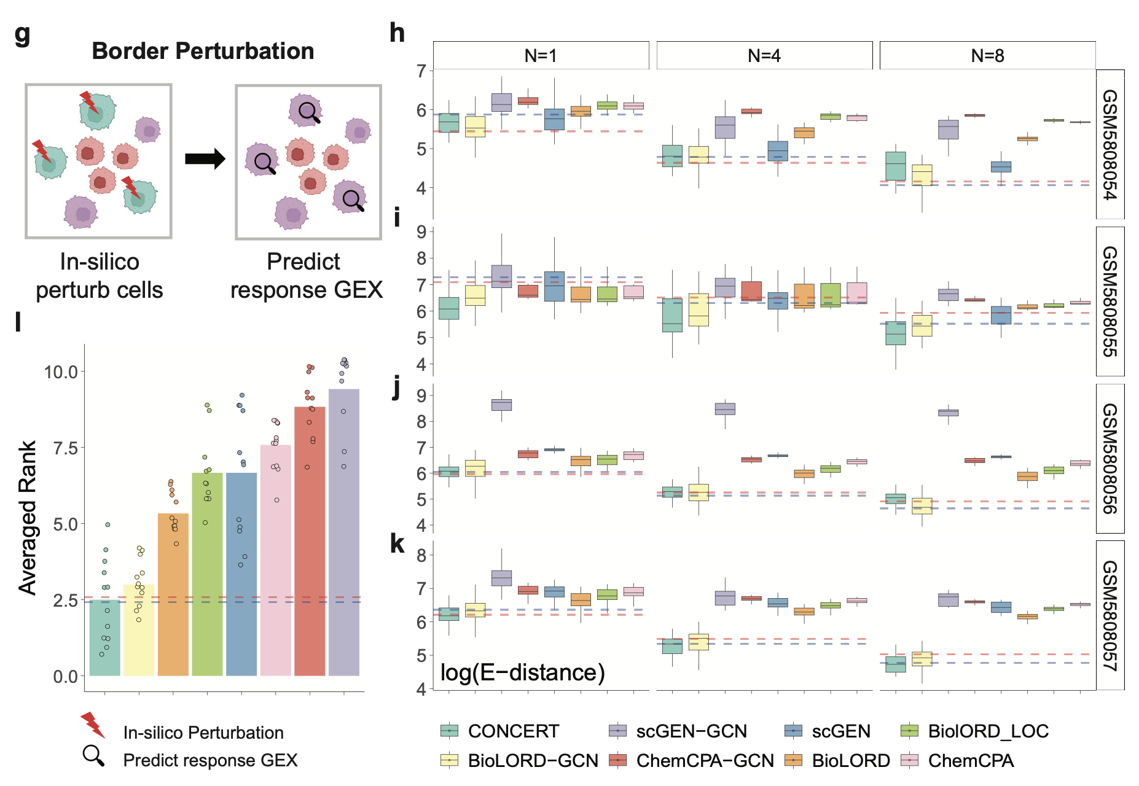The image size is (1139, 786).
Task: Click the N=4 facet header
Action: tap(764, 56)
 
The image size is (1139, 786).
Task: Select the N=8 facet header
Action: tap(987, 56)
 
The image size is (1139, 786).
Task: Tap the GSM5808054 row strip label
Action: tap(1110, 144)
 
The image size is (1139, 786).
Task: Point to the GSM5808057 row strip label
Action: tap(1110, 615)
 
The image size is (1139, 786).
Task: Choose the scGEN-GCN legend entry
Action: tap(678, 731)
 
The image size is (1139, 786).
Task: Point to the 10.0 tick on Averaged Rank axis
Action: tap(61, 372)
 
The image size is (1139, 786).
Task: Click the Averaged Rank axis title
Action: tap(28, 518)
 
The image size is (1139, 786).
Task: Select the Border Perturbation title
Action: tap(203, 51)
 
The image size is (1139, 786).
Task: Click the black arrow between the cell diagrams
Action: tap(205, 159)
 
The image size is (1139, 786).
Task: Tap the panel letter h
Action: tap(397, 33)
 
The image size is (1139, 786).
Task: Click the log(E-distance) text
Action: tap(523, 672)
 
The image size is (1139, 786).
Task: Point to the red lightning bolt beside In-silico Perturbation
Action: tap(93, 725)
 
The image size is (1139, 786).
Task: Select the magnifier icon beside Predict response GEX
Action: tap(93, 756)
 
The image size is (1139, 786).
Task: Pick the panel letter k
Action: tap(397, 543)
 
